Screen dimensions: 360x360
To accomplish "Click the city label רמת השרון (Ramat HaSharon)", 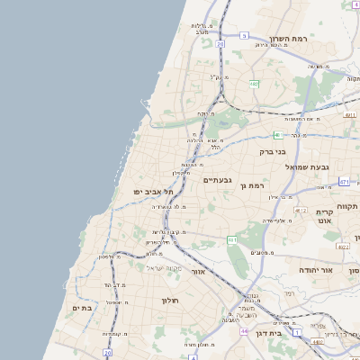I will coord(288,40).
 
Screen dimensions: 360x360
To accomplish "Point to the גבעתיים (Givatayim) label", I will coord(218,180).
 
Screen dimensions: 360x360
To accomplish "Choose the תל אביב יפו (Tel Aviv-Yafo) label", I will coord(154,192).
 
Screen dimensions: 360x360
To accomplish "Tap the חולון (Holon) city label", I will coord(172,300).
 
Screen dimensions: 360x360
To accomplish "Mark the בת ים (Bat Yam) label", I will coord(83,308).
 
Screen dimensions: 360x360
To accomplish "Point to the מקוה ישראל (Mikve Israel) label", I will coord(164,268).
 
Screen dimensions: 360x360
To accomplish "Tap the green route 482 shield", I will coord(255,84).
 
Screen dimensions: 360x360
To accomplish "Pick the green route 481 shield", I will coord(278,135).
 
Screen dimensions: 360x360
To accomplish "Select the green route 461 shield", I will coord(232,239).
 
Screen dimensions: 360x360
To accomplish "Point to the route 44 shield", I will coord(244,331).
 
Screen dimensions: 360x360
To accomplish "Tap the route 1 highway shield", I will coord(296,332).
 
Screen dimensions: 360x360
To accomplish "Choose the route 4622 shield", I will coord(342,246).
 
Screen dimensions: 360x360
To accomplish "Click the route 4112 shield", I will coord(301,210).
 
